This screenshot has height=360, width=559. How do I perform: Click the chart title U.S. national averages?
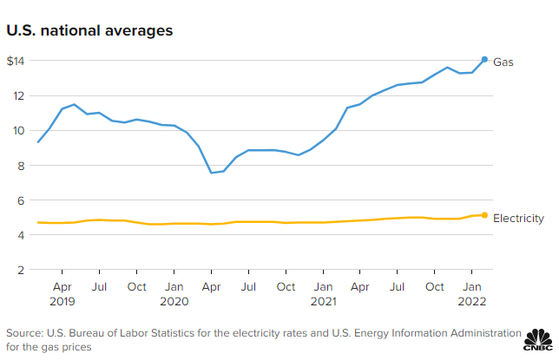tap(89, 30)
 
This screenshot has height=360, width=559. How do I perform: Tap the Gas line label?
tap(503, 62)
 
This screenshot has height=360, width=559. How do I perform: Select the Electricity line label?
tap(518, 219)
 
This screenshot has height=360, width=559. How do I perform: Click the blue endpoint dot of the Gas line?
tap(484, 59)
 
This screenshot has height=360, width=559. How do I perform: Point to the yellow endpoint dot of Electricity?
tap(484, 215)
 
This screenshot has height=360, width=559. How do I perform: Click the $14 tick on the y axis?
tap(17, 61)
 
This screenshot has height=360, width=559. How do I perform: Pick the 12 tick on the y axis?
tap(19, 95)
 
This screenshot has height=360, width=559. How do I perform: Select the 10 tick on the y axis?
tap(19, 130)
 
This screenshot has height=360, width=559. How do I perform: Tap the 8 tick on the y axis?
tap(21, 165)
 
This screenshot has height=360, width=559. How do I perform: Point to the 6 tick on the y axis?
tap(21, 200)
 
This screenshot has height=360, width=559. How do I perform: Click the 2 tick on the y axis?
tap(21, 270)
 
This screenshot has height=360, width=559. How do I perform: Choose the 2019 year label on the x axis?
tap(62, 301)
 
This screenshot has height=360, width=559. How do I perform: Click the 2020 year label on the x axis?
tap(174, 301)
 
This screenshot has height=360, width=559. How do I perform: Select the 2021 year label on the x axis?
tap(322, 301)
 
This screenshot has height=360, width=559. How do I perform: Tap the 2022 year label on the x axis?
tap(471, 301)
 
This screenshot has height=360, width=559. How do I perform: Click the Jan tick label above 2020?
tap(174, 285)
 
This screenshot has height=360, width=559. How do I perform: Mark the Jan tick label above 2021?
tap(322, 285)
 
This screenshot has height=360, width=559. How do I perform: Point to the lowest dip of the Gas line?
tap(211, 173)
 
